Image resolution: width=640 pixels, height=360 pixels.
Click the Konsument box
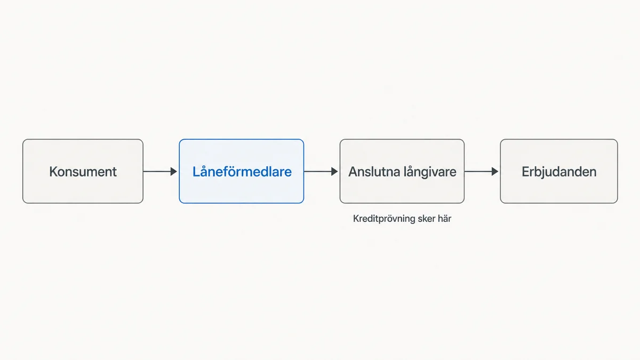83,171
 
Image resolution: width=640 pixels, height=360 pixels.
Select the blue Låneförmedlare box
242,171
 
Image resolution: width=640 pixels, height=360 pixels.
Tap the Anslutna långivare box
402,171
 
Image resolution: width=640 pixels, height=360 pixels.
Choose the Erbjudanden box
559,171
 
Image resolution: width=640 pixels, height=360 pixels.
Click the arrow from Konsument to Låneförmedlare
161,171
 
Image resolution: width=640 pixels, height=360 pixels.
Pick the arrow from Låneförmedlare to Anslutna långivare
321,171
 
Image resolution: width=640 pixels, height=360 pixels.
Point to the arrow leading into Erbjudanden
482,171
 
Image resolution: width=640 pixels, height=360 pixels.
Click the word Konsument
83,172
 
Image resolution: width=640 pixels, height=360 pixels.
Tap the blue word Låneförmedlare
242,171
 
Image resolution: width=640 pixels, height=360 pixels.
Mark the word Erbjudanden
559,172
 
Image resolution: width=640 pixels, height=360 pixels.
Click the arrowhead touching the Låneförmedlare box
174,171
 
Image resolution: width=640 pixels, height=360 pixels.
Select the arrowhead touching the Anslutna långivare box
334,171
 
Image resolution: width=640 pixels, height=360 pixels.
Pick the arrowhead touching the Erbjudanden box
495,171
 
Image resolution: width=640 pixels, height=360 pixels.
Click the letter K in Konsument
53,172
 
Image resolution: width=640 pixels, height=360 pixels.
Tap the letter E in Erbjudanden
526,172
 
